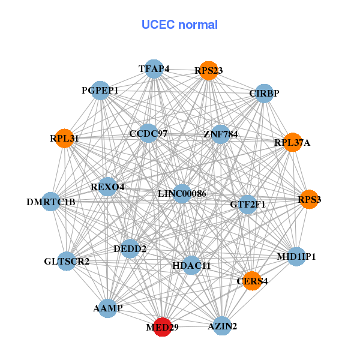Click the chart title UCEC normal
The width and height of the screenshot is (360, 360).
coord(179,25)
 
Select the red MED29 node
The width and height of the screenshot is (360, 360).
coord(162,326)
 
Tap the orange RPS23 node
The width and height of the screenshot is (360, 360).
coord(208,70)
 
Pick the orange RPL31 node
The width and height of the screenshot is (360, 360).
coord(64,138)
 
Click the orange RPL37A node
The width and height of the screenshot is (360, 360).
coord(292,142)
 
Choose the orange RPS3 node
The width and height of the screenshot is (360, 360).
coord(309,199)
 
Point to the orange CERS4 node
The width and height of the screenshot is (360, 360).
coord(253,280)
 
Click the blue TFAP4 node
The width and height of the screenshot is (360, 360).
coord(154,69)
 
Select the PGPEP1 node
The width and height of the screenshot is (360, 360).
coord(109,91)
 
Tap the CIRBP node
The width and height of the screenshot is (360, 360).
coord(264,93)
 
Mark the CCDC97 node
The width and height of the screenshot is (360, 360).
coord(148,133)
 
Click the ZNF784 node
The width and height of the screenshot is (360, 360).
coord(221,134)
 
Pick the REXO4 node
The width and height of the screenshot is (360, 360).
coord(108,187)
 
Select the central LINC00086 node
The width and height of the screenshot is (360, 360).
coord(182,194)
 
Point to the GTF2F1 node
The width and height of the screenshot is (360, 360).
coord(248,205)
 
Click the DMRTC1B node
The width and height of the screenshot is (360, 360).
coord(52,202)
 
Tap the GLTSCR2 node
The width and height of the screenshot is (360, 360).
coord(67,262)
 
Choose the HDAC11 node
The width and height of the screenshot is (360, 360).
coord(191,265)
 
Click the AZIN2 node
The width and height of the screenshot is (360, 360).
coord(223,326)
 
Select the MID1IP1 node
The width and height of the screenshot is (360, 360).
coord(296,256)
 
